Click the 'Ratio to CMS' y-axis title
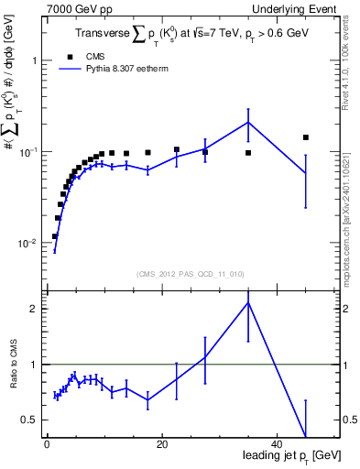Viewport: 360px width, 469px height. (11, 365)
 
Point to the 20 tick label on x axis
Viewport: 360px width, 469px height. (161, 444)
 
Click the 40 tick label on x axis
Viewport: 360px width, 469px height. (276, 444)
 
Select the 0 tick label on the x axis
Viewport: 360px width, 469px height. (47, 444)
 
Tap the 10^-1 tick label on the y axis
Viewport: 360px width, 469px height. (27, 152)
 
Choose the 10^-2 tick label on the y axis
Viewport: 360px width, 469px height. (27, 244)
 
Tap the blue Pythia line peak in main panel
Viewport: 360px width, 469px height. (248, 122)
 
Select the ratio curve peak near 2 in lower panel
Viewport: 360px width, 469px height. (248, 302)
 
